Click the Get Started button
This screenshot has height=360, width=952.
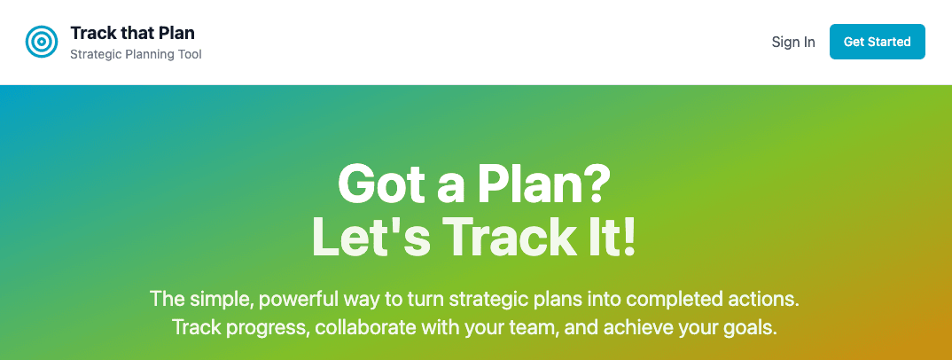point(877,42)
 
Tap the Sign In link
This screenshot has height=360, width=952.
point(793,42)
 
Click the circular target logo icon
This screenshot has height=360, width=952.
point(42,42)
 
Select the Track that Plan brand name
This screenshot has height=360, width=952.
point(132,34)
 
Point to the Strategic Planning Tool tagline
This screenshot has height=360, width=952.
point(136,55)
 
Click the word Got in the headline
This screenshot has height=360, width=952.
point(376,184)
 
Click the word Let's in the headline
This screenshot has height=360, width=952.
point(371,238)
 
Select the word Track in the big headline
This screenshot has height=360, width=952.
point(508,238)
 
